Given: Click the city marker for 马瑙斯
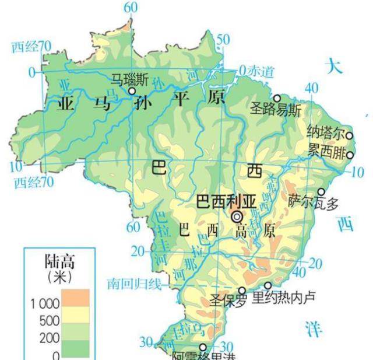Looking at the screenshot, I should point(132,91).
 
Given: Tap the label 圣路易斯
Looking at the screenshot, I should point(276,109).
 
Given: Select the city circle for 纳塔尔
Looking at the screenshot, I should point(350,135).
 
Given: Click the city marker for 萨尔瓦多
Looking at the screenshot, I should point(321,191).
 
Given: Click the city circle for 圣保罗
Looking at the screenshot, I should point(242,290).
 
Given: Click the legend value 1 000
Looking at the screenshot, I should point(45,304).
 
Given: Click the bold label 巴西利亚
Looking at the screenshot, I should point(226,202).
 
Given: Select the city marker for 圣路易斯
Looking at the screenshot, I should point(277,98).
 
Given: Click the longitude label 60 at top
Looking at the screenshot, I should point(131,8).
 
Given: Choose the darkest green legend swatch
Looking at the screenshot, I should point(75,348).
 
